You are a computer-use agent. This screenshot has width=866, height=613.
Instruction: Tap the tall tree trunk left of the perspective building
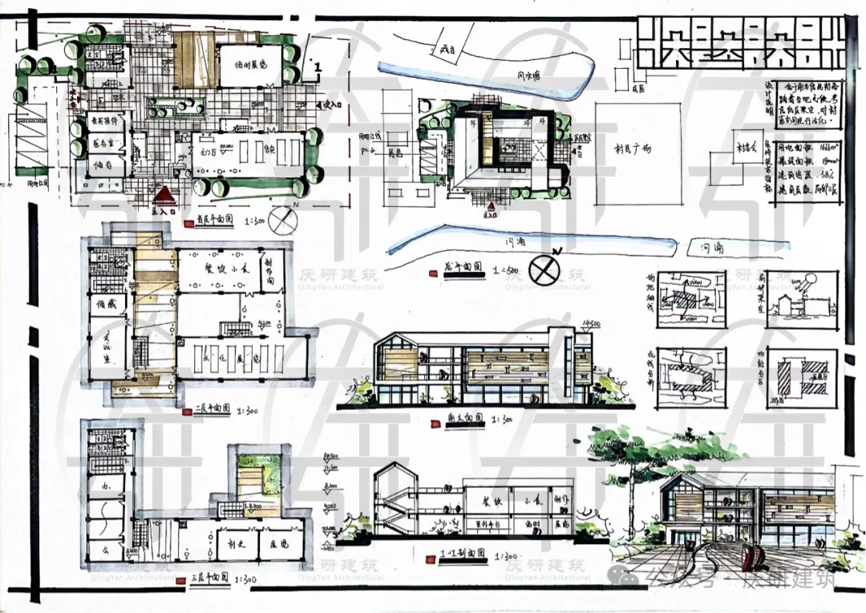(633, 497)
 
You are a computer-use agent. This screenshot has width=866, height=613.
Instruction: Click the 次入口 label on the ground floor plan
(333, 105)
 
